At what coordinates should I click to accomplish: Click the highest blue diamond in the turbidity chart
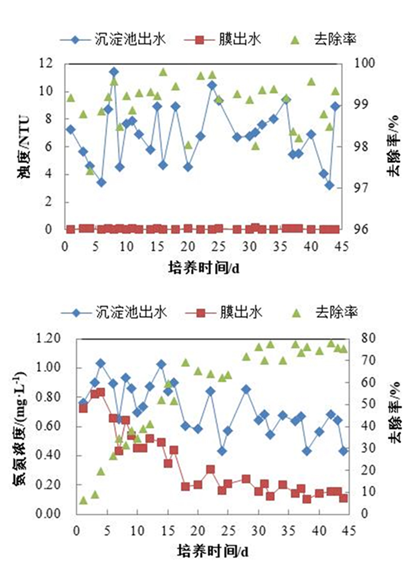114,72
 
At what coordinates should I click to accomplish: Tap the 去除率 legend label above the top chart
335,39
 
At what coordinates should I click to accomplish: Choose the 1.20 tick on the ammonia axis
48,339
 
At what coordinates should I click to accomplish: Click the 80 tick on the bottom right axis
368,339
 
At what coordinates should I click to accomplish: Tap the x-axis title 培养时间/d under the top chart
204,268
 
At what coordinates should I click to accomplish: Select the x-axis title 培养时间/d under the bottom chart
213,551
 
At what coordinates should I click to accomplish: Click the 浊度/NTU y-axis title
24,147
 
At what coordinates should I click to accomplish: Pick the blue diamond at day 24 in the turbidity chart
212,85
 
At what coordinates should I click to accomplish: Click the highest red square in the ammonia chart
100,392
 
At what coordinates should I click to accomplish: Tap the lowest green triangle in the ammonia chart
83,500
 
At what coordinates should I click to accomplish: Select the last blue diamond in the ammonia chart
344,451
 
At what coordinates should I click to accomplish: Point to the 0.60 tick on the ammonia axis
48,426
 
